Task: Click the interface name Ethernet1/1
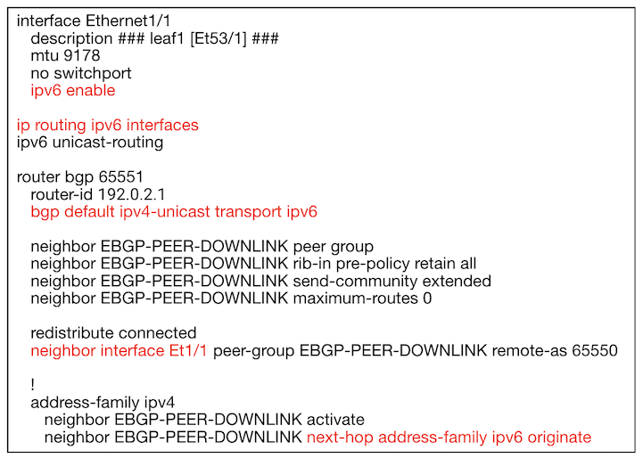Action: point(128,20)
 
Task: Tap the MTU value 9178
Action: point(82,56)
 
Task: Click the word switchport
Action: point(93,74)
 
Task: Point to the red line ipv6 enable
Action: point(73,91)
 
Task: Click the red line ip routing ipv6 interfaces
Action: point(107,126)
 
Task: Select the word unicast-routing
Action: point(108,143)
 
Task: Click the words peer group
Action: point(334,247)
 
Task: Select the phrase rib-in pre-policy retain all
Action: point(384,265)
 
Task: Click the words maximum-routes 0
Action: point(362,299)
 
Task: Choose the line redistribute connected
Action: point(113,333)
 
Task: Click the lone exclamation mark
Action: point(33,385)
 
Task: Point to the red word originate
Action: point(559,438)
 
